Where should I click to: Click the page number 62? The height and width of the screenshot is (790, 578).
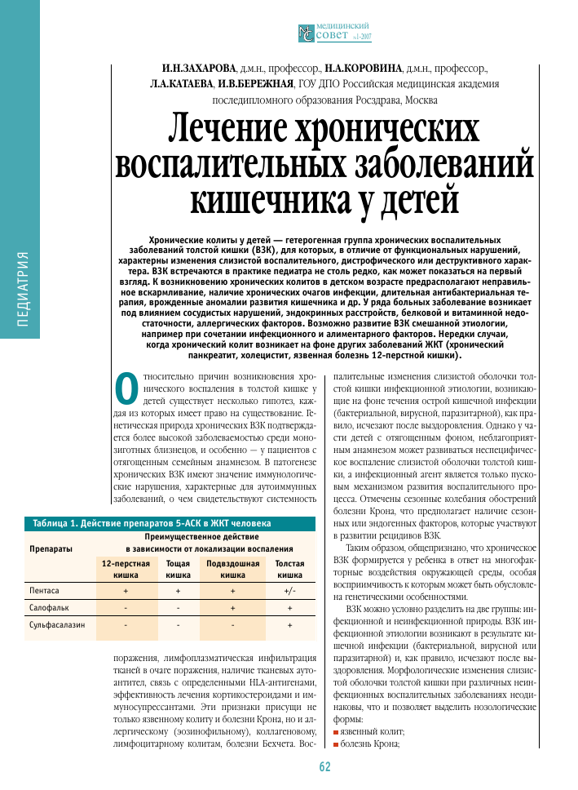click(324, 766)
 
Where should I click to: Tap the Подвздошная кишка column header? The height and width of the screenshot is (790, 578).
click(232, 569)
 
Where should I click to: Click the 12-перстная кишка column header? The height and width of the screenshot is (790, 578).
click(126, 569)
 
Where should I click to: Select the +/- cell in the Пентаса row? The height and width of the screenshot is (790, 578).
click(289, 589)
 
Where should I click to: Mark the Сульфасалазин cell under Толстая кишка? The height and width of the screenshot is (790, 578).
click(289, 626)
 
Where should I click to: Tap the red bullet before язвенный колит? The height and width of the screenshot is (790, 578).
click(335, 734)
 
